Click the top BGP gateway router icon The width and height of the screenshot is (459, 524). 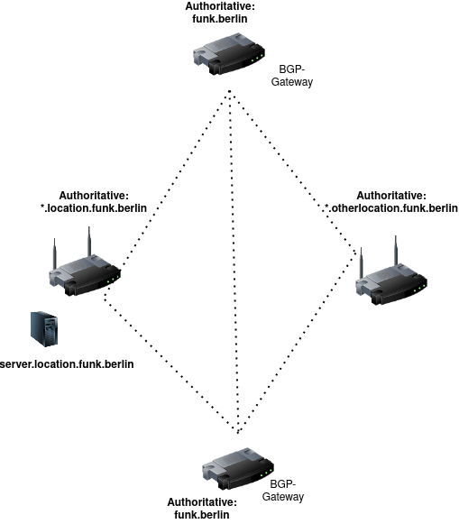pos(229,54)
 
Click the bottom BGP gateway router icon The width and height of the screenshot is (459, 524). pos(238,468)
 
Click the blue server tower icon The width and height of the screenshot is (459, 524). pos(44,329)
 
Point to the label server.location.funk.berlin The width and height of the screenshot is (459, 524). pos(67,364)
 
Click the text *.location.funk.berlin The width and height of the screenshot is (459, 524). pos(94,208)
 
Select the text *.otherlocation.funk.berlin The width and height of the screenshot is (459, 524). pos(391,208)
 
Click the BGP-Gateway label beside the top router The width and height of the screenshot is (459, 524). pos(292,76)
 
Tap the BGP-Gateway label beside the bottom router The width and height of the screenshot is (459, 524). pos(283,491)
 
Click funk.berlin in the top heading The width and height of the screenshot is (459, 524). pos(220,19)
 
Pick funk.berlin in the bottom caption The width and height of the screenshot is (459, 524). pos(202,515)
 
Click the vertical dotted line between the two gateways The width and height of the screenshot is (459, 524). pos(234,262)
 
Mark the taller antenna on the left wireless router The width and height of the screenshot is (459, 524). pos(89,242)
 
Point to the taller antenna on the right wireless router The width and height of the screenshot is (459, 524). pos(396,251)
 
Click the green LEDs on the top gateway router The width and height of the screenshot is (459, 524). pos(255,59)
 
